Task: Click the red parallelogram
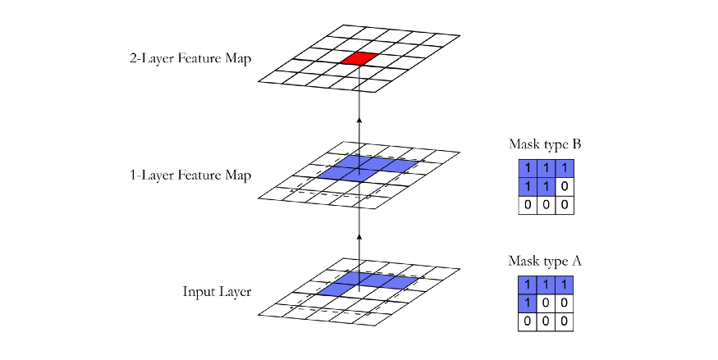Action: tap(359, 58)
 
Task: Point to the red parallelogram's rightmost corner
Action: tap(377, 54)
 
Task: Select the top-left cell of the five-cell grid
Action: tap(528, 169)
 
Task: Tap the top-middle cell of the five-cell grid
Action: tap(546, 169)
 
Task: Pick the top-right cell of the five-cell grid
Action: tap(565, 169)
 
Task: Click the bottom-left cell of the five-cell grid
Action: tap(528, 187)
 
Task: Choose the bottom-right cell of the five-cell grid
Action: tap(546, 187)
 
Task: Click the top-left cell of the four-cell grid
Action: tap(528, 285)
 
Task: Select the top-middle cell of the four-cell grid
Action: tap(546, 285)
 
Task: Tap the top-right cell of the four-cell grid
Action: tap(565, 285)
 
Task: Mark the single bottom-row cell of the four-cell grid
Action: tap(528, 303)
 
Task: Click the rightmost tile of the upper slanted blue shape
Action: tap(400, 166)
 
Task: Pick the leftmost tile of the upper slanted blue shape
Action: tap(333, 173)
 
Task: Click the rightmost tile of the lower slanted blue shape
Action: tap(400, 282)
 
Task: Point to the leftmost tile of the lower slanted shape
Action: tap(333, 289)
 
